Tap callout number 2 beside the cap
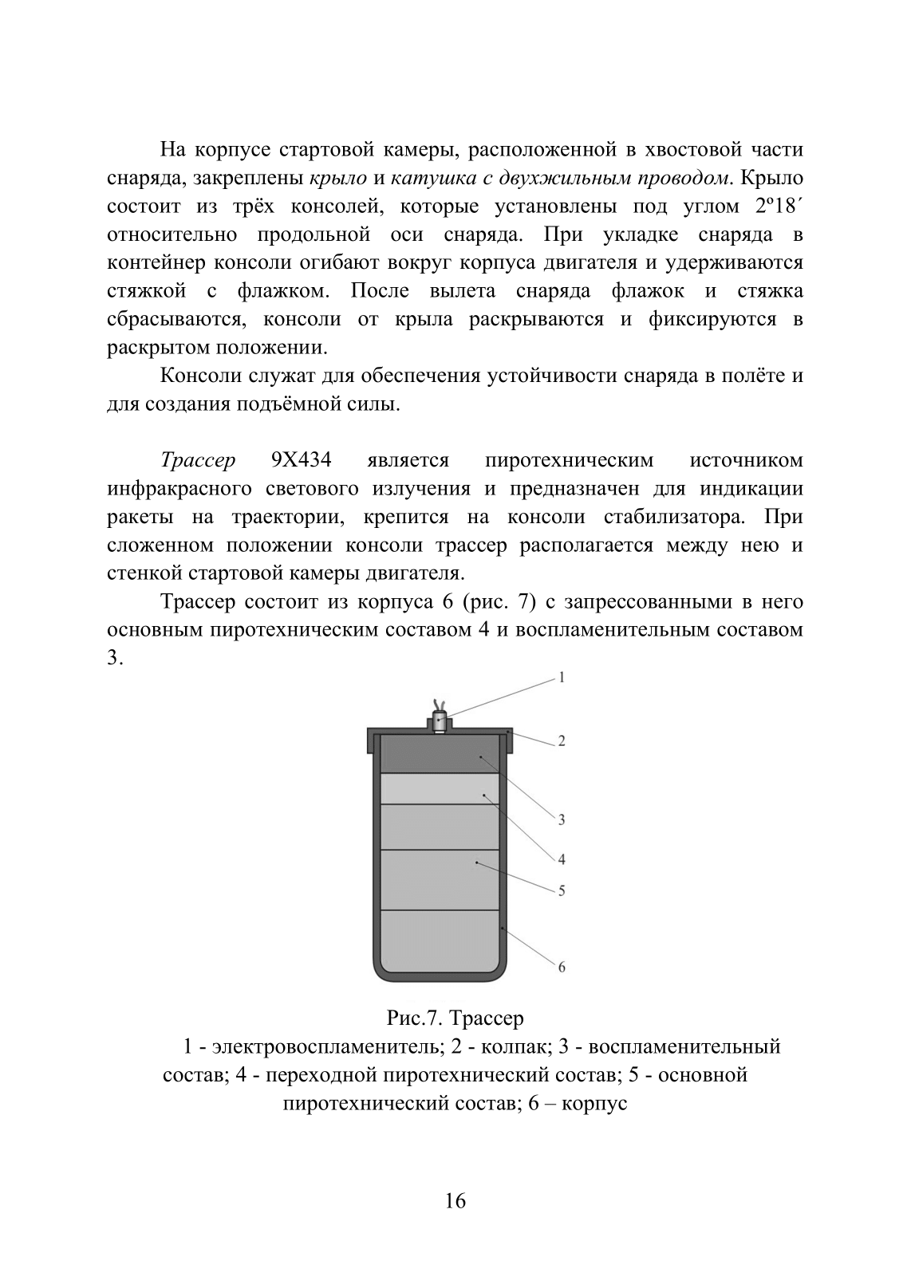click(x=561, y=741)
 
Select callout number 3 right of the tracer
click(x=561, y=819)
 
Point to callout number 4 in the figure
click(x=561, y=859)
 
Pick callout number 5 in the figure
click(x=561, y=891)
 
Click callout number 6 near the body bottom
click(x=561, y=967)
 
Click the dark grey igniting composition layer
click(x=440, y=754)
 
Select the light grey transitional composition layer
click(x=440, y=789)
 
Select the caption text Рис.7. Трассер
click(x=455, y=1018)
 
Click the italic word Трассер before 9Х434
click(x=198, y=460)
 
